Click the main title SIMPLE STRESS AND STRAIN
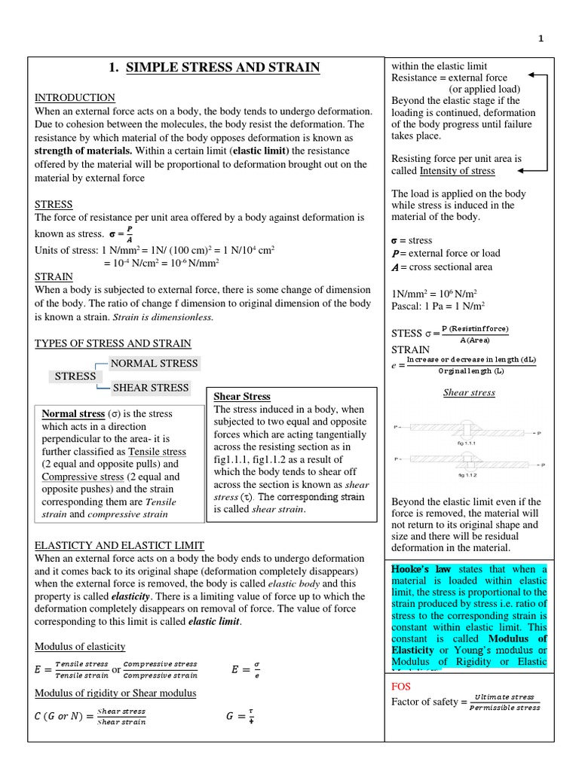[x=215, y=69]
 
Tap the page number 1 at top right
[x=540, y=40]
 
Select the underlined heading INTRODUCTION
[x=75, y=97]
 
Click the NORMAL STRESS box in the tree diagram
[x=154, y=364]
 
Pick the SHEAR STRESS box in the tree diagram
[x=151, y=388]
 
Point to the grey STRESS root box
[x=75, y=376]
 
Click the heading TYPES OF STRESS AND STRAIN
[x=112, y=343]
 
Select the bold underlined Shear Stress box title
[x=242, y=396]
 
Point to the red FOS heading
[x=401, y=687]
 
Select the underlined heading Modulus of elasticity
[x=80, y=647]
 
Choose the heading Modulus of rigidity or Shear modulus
[x=115, y=693]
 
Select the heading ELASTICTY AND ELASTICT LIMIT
[x=119, y=545]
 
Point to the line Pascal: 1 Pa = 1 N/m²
[x=437, y=306]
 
